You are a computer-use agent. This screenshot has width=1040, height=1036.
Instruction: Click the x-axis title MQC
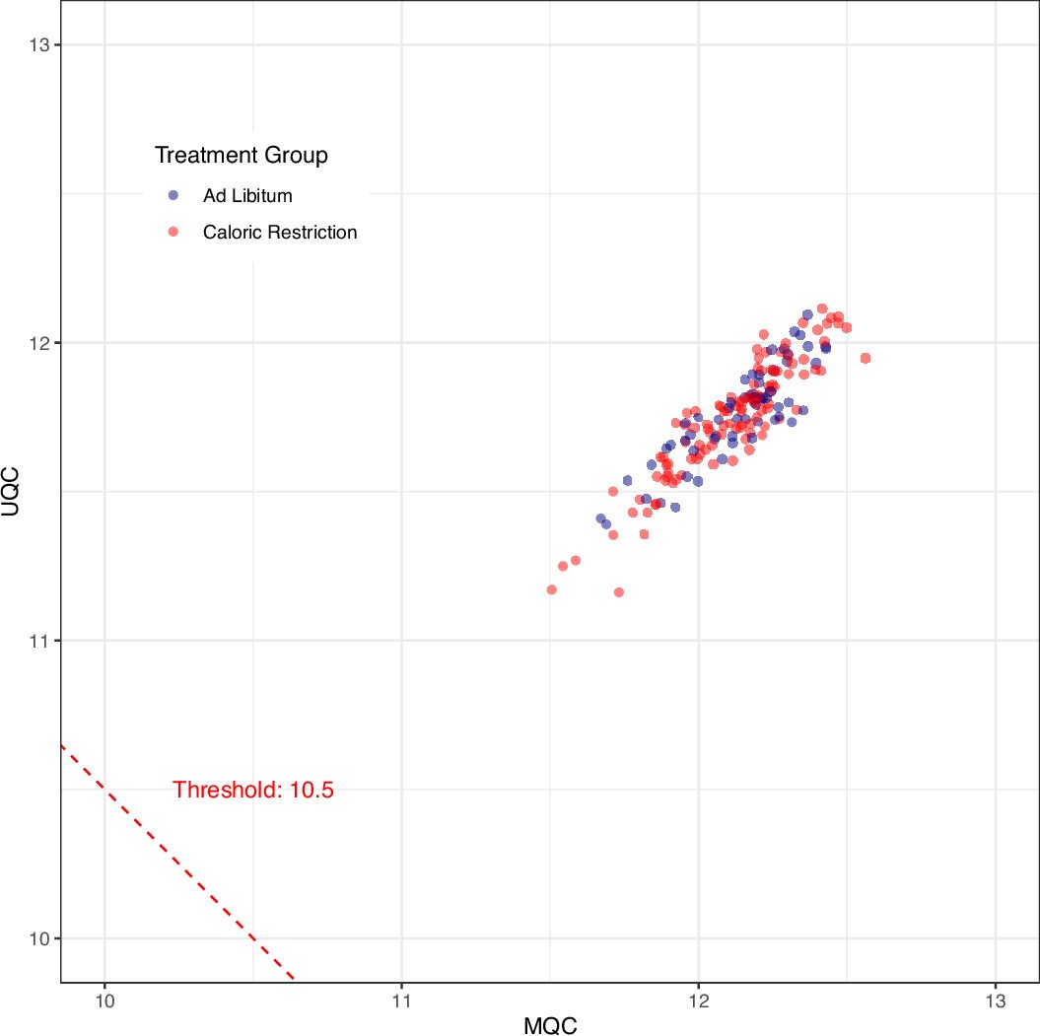[550, 1024]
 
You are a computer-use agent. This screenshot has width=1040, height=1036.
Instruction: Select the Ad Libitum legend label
[247, 195]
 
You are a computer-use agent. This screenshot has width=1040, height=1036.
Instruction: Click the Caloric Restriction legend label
[280, 233]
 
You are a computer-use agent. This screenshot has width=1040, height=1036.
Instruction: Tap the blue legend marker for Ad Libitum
[174, 195]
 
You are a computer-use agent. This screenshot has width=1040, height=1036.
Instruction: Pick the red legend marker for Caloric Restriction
[174, 233]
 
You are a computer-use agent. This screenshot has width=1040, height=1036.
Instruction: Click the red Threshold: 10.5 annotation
[253, 790]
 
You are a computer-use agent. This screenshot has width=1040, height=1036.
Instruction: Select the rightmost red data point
[866, 358]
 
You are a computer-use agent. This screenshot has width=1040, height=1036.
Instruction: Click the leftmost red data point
[551, 589]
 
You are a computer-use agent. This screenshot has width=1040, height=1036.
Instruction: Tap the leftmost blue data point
[600, 518]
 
